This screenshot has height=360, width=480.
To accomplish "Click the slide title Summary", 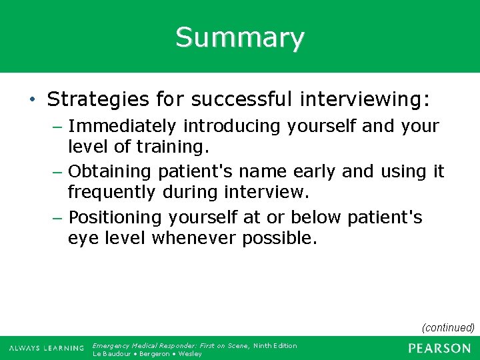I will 240,37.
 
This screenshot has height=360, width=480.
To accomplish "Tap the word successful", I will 241,100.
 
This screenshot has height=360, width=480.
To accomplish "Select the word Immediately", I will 123,126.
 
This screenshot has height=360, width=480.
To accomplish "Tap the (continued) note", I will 448,327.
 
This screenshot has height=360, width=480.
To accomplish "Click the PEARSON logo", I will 439,348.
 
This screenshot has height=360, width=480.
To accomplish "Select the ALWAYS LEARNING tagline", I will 47,349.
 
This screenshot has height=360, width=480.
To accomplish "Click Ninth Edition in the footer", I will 275,345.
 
